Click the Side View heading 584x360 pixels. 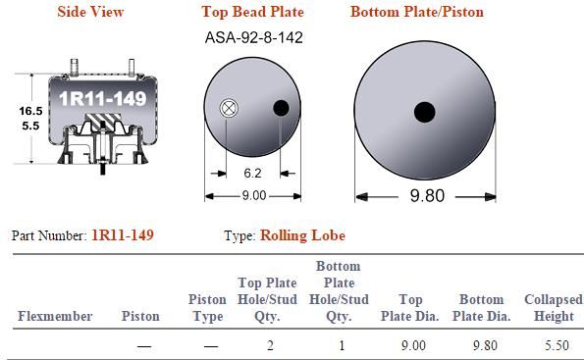[90, 12]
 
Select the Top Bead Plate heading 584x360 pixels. [252, 12]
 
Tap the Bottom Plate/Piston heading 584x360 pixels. [417, 12]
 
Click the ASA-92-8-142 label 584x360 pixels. [253, 37]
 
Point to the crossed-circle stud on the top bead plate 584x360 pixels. [229, 108]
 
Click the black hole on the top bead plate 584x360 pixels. [281, 108]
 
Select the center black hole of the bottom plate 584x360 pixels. [425, 112]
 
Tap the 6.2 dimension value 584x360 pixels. [252, 173]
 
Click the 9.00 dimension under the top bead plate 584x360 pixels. [254, 195]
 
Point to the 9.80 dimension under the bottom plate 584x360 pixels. [427, 196]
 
